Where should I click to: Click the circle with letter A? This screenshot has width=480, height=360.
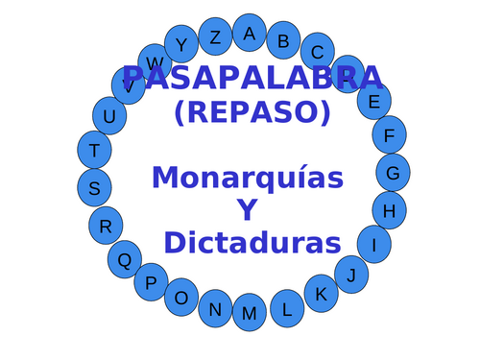pos(250,33)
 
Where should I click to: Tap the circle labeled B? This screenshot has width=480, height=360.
pos(283,40)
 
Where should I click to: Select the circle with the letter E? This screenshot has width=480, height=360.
pos(374,100)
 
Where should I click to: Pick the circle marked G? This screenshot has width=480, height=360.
pos(393,173)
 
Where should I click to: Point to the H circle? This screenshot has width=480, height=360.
pos(389,210)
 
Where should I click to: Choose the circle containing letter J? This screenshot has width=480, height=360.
pos(351,276)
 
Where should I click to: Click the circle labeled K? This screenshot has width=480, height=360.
pos(322,294)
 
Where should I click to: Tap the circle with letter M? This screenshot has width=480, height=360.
pos(250,313)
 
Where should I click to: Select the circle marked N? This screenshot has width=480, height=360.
pos(215,309)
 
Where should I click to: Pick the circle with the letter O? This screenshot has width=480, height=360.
pos(181,298)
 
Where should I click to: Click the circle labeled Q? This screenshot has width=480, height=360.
pos(124,259)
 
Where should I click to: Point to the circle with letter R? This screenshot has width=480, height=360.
pos(106,227)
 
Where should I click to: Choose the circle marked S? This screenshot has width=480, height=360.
pos(94,188)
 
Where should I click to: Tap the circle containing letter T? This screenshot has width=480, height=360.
pos(94,150)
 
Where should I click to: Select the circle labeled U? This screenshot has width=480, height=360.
pos(109,116)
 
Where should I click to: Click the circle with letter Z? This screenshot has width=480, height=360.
pos(215,37)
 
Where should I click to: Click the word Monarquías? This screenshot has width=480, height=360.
pos(247,178)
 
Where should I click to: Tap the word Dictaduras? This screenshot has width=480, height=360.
pos(252,242)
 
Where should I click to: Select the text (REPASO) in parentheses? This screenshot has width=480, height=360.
pos(252,112)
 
